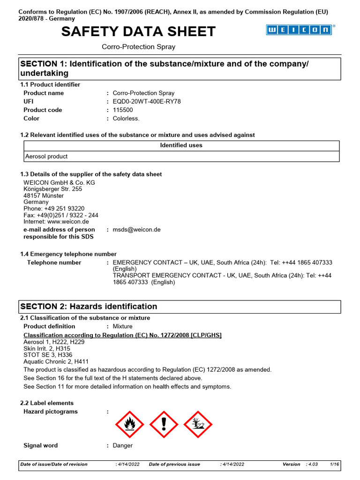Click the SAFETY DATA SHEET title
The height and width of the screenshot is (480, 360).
139,31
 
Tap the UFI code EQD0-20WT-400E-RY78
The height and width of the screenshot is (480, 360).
147,101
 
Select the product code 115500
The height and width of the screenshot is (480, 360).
123,110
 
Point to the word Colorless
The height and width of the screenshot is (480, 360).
126,119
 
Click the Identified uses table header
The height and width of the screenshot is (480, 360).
181,145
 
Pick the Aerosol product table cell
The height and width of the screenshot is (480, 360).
46,157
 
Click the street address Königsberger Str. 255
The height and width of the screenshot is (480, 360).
53,189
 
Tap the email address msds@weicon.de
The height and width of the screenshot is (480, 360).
137,230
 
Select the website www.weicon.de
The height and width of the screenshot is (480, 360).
72,222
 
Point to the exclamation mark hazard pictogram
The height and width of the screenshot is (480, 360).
164,424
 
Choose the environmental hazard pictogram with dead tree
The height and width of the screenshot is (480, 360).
197,424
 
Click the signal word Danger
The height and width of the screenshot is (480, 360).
123,445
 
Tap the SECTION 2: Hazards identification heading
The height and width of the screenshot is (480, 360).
89,307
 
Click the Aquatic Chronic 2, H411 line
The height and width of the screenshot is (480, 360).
56,362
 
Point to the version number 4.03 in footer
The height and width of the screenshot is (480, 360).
312,464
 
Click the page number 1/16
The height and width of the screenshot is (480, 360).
335,464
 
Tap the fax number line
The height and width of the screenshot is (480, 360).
61,215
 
